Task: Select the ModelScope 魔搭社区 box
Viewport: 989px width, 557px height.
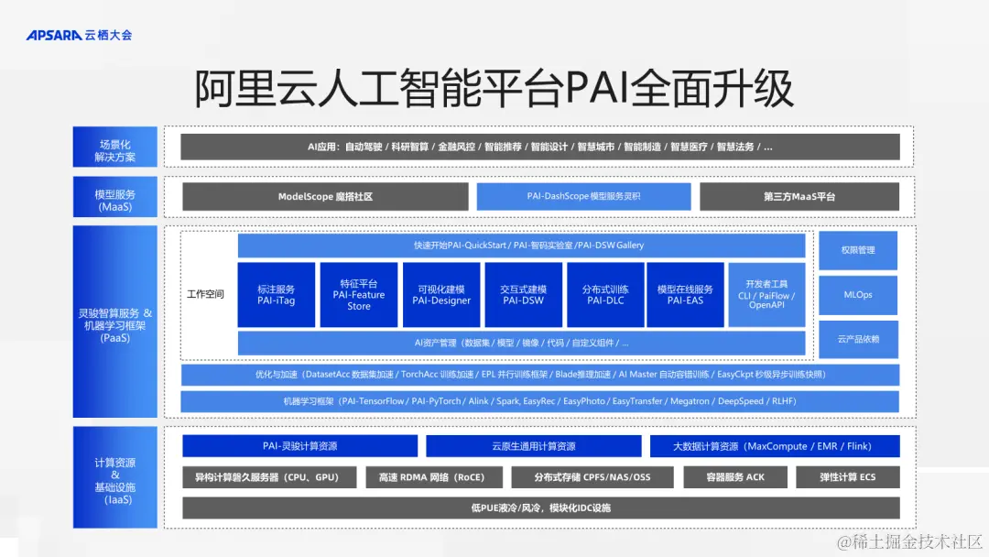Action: [325, 197]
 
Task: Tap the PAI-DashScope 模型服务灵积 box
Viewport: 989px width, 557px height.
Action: [583, 197]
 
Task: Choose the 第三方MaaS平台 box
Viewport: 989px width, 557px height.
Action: [799, 197]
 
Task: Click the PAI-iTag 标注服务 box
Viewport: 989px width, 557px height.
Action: [276, 295]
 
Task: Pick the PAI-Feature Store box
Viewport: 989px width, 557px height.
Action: [358, 295]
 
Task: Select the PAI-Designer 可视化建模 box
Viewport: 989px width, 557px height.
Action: [441, 295]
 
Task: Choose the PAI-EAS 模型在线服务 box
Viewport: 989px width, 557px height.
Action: [684, 295]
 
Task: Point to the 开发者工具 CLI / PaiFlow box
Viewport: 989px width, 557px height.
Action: [766, 295]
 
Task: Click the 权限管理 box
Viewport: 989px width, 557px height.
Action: [858, 250]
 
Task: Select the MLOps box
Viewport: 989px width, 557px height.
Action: [858, 295]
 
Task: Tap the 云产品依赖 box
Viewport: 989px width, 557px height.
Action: [858, 339]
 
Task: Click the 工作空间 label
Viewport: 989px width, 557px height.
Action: [205, 295]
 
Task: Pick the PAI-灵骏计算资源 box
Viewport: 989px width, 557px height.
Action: [299, 446]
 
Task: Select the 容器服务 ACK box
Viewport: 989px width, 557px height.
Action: [735, 477]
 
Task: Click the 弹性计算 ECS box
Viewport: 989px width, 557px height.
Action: [848, 477]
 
